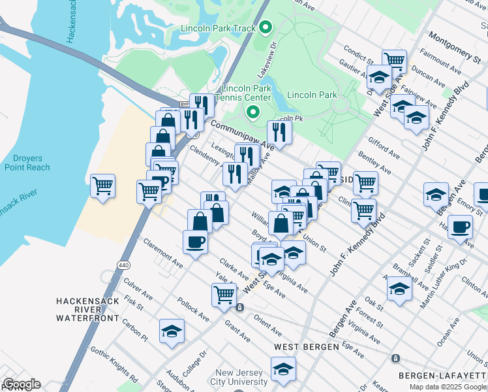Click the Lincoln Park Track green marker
pos(265,28)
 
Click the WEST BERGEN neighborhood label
pos(306,346)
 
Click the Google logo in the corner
pos(21,384)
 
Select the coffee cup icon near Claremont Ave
pos(196,242)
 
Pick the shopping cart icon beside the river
pos(102,186)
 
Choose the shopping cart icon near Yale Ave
pos(224,295)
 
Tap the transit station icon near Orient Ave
pos(240,308)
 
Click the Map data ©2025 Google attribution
pos(448,387)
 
